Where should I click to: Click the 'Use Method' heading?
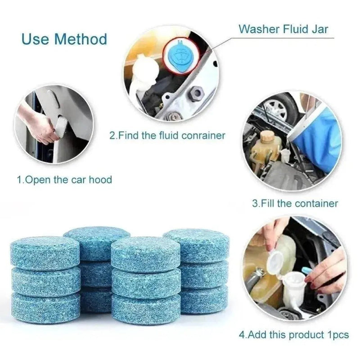click(64, 39)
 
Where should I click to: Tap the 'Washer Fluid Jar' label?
click(283, 29)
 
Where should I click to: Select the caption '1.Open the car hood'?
click(64, 180)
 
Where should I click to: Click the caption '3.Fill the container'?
click(295, 203)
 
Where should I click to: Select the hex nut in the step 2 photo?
click(195, 94)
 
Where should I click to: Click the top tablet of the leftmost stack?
click(45, 252)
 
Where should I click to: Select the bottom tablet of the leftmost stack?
click(45, 307)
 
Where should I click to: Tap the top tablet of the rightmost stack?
click(196, 245)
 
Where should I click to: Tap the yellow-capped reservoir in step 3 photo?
click(267, 144)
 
